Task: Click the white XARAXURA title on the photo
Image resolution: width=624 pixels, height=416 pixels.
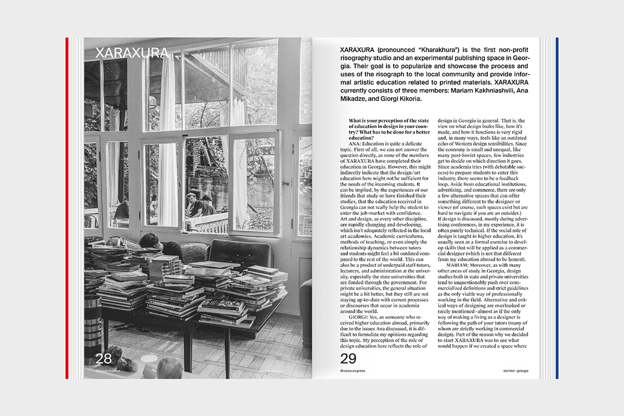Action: (x=132, y=53)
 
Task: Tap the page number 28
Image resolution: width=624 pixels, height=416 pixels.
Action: (x=103, y=358)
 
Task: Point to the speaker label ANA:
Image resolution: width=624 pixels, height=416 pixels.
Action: (x=362, y=143)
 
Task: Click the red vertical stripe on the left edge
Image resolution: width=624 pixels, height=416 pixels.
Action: (x=67, y=208)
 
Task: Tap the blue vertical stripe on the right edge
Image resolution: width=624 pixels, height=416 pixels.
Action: (x=556, y=208)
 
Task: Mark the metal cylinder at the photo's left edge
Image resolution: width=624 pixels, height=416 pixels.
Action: (x=92, y=322)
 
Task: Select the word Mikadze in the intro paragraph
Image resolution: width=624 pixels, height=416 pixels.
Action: (x=356, y=99)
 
